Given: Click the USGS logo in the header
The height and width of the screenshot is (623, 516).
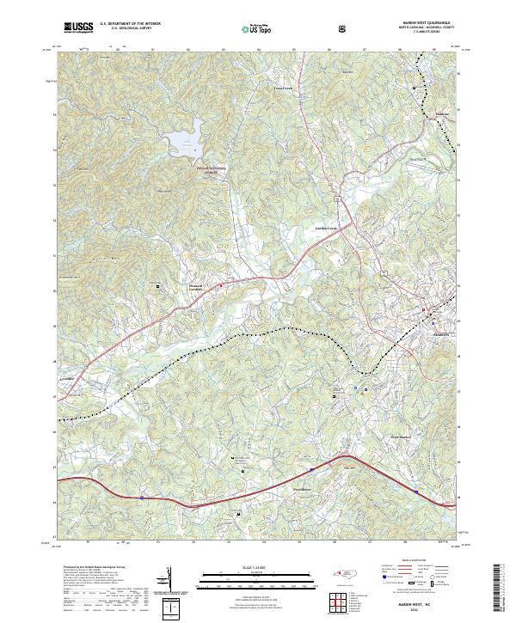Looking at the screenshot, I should [78, 27].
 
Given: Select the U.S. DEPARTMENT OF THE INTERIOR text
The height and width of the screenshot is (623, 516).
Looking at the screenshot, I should [130, 24].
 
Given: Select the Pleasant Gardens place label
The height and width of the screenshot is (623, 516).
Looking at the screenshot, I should [199, 286].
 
